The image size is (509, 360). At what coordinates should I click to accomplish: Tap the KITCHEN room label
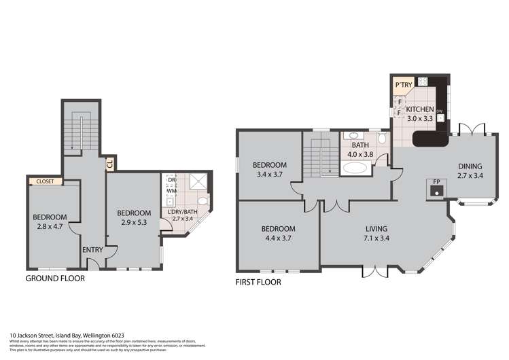tap(419, 109)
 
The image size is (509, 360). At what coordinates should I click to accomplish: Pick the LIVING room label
tap(376, 229)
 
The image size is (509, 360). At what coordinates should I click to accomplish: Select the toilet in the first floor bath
tap(383, 139)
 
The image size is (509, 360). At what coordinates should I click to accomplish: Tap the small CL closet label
tap(109, 163)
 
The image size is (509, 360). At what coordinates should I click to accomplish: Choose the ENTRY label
tap(92, 250)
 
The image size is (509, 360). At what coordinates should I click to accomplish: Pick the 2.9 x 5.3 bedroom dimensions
tap(134, 221)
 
